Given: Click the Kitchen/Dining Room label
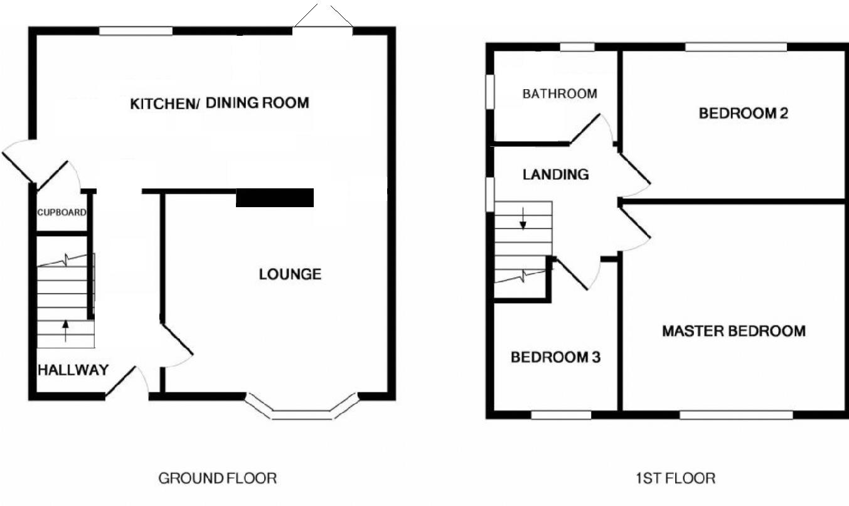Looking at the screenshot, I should coord(220,104).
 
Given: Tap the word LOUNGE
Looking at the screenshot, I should coord(290,274).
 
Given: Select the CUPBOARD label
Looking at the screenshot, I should coord(61,212).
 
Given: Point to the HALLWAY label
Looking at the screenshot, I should coord(73,370).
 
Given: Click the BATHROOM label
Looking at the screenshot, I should coord(560,94).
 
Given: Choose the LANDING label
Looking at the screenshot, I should coord(556,175).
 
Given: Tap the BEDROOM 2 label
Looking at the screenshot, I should coord(744,114).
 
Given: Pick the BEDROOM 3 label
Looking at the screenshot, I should coord(555,358).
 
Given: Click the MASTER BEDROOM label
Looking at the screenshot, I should coord(734,331).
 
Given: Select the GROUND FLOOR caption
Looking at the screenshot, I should coord(217,478).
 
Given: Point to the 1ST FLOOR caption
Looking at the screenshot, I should coord(674,478).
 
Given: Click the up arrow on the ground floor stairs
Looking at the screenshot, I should coord(65,330).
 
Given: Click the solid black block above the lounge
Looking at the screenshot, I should coord(274,198).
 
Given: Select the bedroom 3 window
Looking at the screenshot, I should coord(561,414).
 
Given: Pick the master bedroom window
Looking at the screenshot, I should coord(736,414).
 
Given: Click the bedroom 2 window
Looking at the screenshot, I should coord(736,46).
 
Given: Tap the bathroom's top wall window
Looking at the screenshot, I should coord(577,46).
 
